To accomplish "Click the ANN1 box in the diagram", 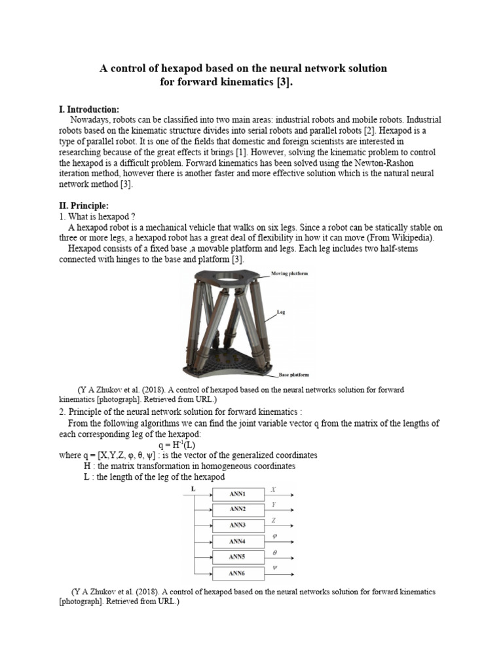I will tap(237, 493).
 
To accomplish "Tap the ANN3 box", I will tap(237, 526).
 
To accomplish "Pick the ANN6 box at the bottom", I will tap(237, 573).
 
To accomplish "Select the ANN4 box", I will tap(237, 541).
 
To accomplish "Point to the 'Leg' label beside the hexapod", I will tap(281, 313).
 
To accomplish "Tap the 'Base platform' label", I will tap(294, 375).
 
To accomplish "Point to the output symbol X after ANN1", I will tap(273, 489).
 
